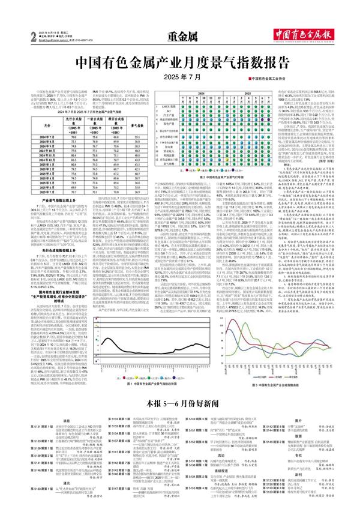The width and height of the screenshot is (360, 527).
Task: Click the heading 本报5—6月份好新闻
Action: tap(180, 384)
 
